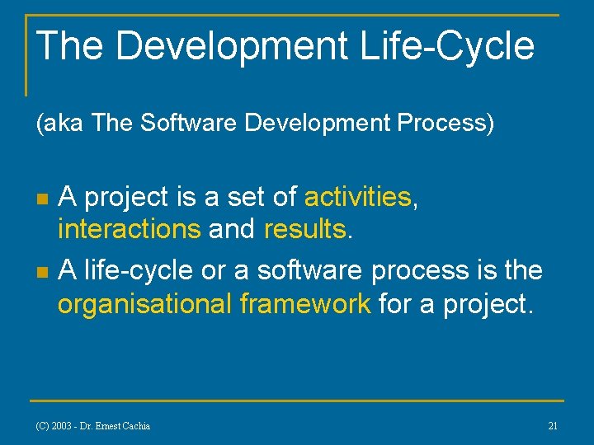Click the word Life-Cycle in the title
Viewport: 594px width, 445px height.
[447, 46]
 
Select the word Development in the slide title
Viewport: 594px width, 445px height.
[232, 46]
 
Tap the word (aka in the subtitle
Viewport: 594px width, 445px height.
[61, 124]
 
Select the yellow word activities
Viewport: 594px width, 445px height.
[357, 197]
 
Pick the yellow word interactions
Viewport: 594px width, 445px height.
[129, 230]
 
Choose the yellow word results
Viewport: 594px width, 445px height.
[305, 230]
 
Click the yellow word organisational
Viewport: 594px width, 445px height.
[144, 304]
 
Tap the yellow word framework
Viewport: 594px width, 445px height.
[305, 304]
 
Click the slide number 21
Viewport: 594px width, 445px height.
[553, 425]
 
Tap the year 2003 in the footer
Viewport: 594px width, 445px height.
[62, 426]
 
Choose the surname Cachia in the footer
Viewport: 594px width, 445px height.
[135, 426]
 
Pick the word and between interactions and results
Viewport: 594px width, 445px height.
[232, 230]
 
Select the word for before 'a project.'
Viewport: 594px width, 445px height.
[394, 304]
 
